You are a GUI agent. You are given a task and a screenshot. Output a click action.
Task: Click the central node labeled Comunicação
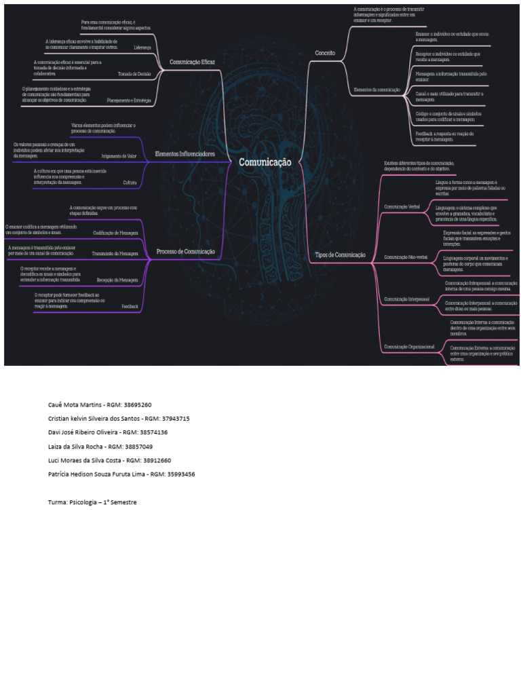point(265,163)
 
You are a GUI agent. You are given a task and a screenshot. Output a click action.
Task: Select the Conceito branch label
point(325,52)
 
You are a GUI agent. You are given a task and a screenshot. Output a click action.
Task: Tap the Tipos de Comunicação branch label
point(341,255)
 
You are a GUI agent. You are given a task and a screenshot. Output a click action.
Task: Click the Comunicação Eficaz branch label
point(192,62)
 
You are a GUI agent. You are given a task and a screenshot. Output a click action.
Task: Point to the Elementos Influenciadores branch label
point(185,155)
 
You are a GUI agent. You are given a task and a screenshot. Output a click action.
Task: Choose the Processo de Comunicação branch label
point(186,252)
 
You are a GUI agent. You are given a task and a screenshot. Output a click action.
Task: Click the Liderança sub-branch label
point(142,48)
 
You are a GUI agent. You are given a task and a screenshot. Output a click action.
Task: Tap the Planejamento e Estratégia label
point(129,100)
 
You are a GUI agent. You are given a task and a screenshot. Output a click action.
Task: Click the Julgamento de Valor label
point(119,156)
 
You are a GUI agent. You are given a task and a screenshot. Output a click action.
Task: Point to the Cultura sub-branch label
point(130,183)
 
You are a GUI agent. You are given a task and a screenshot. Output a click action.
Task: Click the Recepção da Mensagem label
point(117,280)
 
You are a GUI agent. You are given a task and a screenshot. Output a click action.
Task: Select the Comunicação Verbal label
point(402,206)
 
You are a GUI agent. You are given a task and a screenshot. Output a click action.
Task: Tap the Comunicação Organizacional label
point(409,347)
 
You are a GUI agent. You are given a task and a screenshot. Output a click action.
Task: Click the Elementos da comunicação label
point(377,90)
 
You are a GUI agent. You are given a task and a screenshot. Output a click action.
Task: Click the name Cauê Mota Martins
point(75,405)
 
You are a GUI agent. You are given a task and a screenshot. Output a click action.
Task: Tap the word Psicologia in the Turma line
point(83,502)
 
